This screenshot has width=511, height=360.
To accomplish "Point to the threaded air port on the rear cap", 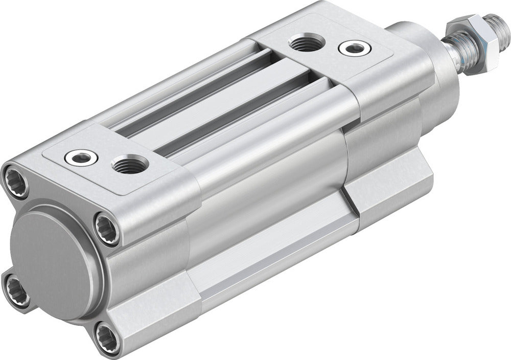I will [x=129, y=165].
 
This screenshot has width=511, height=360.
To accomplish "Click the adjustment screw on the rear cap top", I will [x=82, y=157].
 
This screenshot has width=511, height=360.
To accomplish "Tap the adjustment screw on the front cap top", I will [x=354, y=48].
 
